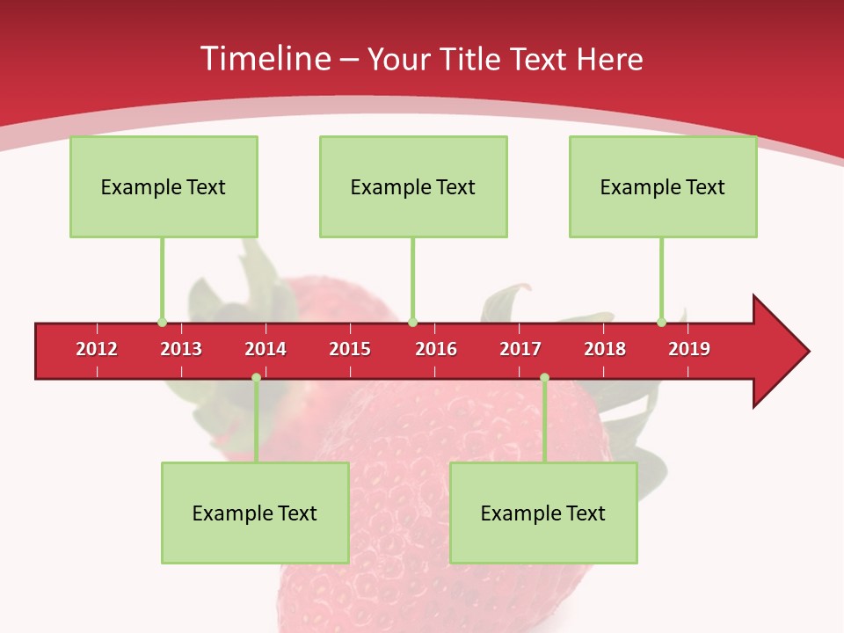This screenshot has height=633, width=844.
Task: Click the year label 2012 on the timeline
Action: coord(97,349)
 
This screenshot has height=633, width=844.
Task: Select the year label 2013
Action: coord(181,349)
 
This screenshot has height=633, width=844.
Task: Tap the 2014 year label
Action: coord(266,349)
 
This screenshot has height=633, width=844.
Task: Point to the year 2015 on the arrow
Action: coord(350,349)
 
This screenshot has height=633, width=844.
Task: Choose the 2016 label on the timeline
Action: coord(436,349)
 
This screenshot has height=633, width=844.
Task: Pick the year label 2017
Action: coord(520,349)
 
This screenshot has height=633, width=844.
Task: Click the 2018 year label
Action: coord(605,349)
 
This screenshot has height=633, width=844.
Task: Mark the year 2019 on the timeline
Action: coord(689,349)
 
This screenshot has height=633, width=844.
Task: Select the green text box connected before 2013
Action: coord(164,186)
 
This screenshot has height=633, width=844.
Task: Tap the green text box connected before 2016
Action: coord(413,186)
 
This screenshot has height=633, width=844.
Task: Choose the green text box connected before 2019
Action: coord(663,186)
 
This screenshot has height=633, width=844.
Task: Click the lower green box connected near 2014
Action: coord(255,513)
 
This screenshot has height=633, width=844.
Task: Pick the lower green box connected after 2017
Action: coord(543,513)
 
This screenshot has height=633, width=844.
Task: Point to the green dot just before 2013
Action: coord(162,322)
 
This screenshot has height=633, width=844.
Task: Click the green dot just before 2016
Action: coord(413,322)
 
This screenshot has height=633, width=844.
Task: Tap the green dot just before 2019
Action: coord(662,322)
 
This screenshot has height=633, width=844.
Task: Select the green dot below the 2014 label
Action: coord(256,377)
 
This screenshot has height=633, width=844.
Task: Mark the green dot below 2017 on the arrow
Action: coord(544,377)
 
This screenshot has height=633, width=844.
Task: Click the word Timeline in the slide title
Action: coord(266,59)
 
